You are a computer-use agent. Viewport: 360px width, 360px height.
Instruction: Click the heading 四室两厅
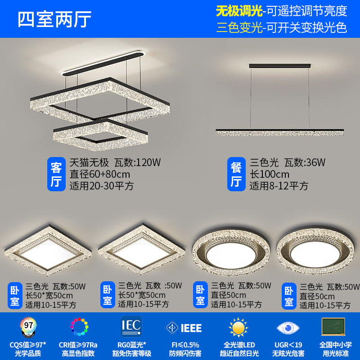(x=54, y=19)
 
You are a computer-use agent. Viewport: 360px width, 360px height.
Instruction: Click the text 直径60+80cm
(x=99, y=174)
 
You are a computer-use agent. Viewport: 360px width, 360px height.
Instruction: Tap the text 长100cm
(x=270, y=174)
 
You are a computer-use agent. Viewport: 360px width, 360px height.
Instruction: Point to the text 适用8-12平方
(x=279, y=185)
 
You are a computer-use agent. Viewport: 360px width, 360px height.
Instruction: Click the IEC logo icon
(x=131, y=325)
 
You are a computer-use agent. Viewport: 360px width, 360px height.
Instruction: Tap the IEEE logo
(x=184, y=328)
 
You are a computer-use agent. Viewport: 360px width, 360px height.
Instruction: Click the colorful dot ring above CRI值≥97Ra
(x=79, y=326)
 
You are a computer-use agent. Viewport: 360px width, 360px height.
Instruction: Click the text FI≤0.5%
(x=183, y=344)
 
